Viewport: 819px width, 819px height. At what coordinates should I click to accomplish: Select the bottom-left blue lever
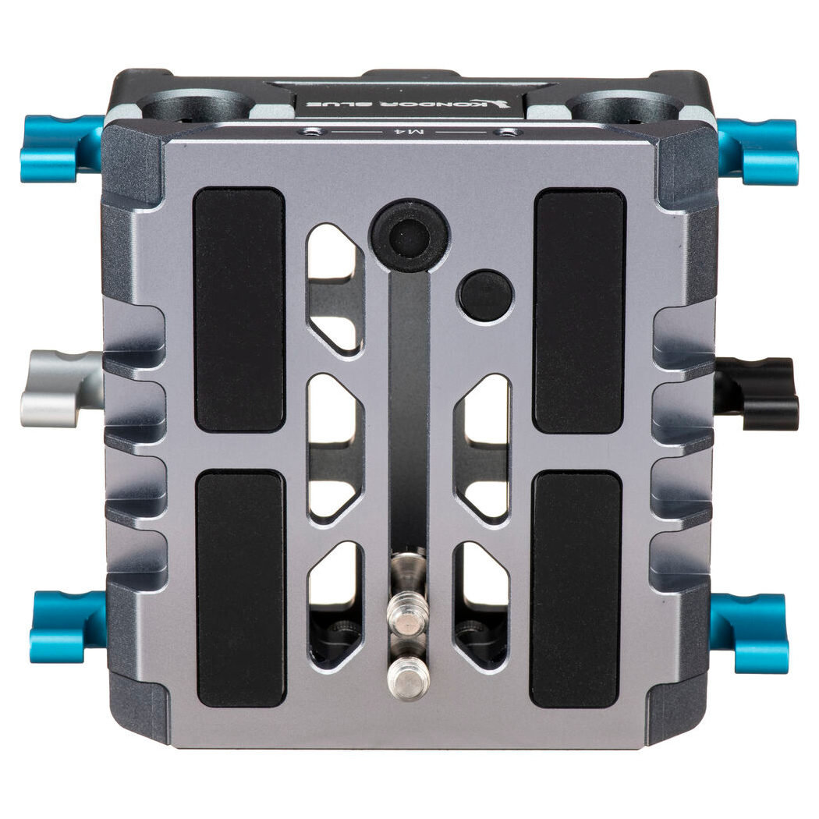click(67, 626)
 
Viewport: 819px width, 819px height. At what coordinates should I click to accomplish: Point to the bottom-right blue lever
click(750, 632)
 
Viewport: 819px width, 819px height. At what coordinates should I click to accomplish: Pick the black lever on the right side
click(757, 393)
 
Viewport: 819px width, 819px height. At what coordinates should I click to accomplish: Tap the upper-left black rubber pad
click(239, 310)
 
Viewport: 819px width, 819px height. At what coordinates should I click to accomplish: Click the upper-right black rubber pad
click(579, 310)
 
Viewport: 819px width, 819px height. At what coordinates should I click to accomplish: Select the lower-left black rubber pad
click(239, 588)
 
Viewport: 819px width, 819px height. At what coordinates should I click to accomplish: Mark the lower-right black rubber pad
click(576, 590)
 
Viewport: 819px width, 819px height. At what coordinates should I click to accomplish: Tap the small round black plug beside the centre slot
click(485, 296)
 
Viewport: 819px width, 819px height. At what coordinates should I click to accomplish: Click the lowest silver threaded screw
click(408, 678)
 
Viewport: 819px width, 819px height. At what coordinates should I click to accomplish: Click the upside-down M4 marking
click(409, 133)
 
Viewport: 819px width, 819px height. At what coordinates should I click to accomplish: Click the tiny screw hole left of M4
click(311, 132)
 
